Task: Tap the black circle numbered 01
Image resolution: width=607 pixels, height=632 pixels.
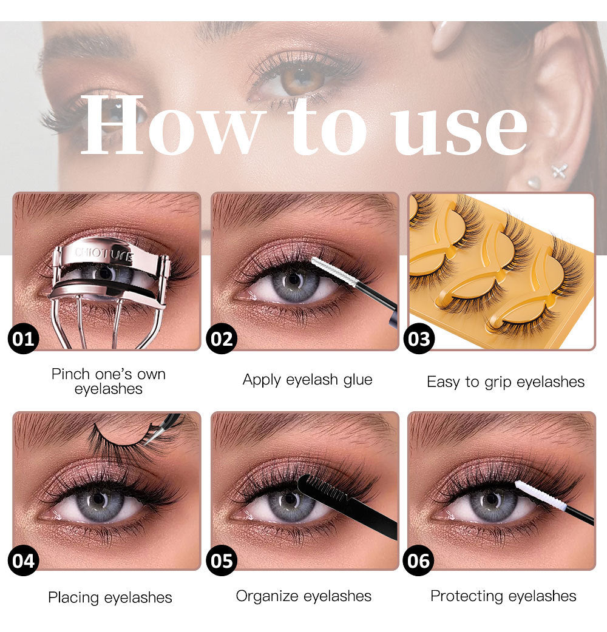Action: (x=24, y=339)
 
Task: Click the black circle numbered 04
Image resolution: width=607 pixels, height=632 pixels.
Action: (x=24, y=560)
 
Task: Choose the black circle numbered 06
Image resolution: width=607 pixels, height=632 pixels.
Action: (x=419, y=560)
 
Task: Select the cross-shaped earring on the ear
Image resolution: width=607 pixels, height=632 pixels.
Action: (x=560, y=170)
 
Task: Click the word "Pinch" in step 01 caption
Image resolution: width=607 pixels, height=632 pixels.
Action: (x=70, y=374)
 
